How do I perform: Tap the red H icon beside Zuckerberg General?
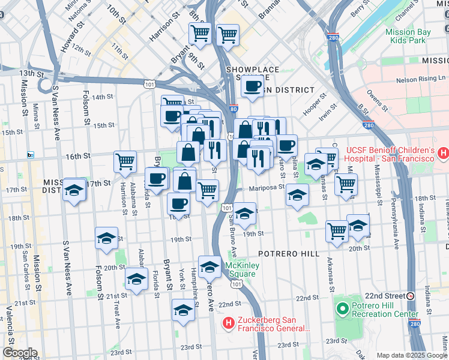click(x=228, y=324)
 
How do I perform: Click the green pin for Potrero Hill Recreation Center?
click(x=343, y=310)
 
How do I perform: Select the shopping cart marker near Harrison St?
click(x=125, y=161)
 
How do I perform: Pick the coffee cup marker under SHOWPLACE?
click(x=253, y=86)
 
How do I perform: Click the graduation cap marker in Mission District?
click(x=74, y=190)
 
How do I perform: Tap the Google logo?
click(x=19, y=353)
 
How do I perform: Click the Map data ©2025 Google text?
click(x=412, y=355)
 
